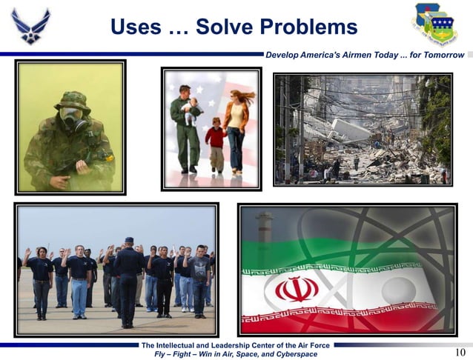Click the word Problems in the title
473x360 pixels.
(x=304, y=27)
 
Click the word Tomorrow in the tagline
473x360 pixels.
(x=441, y=56)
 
